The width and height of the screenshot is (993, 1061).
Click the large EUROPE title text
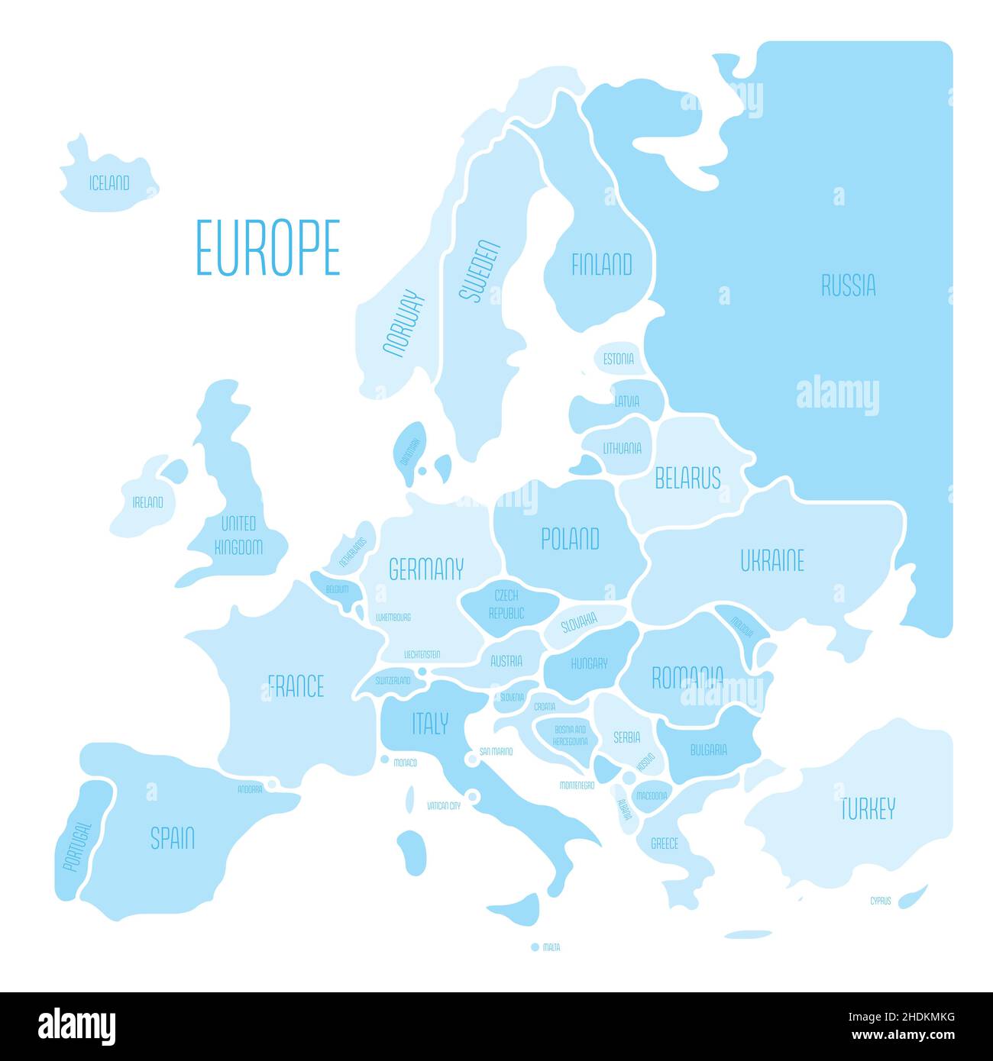[267, 247]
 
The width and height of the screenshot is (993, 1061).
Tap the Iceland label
[109, 183]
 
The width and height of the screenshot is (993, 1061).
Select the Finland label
[602, 265]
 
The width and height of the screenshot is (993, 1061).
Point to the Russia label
[848, 285]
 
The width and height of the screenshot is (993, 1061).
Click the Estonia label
[618, 359]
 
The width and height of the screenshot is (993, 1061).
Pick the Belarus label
[687, 479]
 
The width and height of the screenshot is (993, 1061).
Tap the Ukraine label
[772, 561]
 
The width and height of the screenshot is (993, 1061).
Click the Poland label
[570, 539]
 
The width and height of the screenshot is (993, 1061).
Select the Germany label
[426, 569]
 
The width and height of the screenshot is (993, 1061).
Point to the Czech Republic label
[506, 604]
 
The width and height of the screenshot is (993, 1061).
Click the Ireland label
[147, 502]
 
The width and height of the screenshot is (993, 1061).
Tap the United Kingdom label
[238, 535]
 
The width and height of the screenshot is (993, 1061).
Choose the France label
[296, 686]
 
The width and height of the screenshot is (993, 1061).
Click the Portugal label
[77, 846]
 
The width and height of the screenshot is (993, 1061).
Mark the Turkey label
[867, 808]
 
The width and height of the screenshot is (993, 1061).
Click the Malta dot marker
[535, 947]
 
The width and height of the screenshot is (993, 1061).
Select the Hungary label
[589, 663]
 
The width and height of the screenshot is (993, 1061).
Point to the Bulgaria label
[708, 750]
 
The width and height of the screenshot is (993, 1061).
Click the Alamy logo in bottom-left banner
[76, 1027]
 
